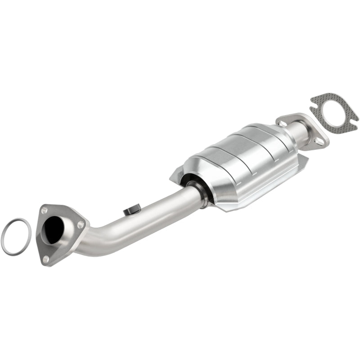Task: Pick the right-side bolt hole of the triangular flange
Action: (x=81, y=224)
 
